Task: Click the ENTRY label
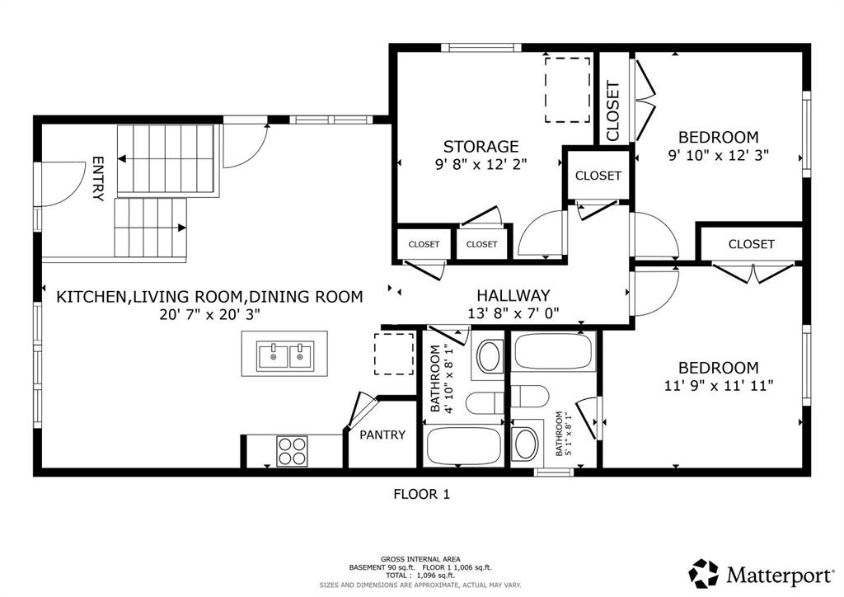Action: click(98, 179)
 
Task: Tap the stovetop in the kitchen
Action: click(293, 450)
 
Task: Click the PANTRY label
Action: click(382, 435)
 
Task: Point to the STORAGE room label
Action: click(481, 147)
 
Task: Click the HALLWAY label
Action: click(513, 295)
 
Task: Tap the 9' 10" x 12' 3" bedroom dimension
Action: click(718, 155)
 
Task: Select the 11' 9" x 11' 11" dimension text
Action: click(719, 385)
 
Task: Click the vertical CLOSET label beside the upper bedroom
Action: click(613, 110)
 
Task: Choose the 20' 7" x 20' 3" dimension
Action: click(210, 314)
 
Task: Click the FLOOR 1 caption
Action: click(421, 494)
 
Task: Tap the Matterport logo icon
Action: click(704, 573)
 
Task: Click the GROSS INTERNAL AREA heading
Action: click(420, 559)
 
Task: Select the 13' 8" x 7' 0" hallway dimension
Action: click(513, 313)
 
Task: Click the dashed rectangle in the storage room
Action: click(567, 90)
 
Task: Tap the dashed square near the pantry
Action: click(394, 354)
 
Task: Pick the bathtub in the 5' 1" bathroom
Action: click(555, 351)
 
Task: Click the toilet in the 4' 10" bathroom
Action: click(485, 403)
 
